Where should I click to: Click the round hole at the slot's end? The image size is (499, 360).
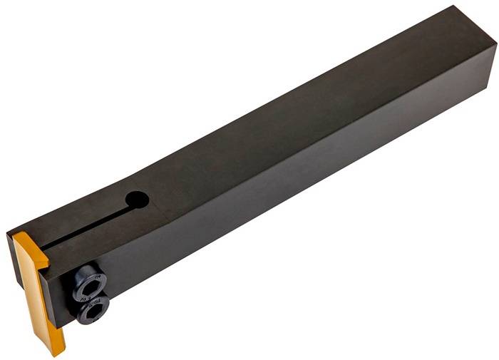(x=137, y=200)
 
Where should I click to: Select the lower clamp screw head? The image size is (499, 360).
(x=93, y=308)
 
